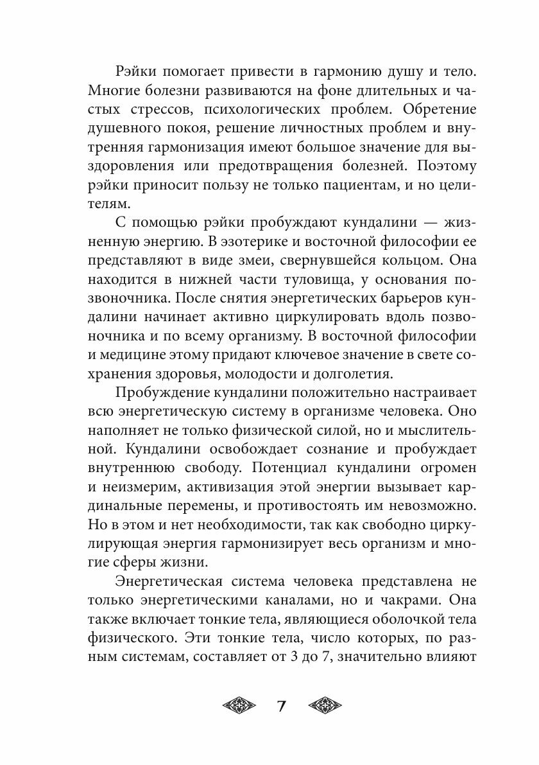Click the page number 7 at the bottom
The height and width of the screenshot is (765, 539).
click(280, 707)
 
